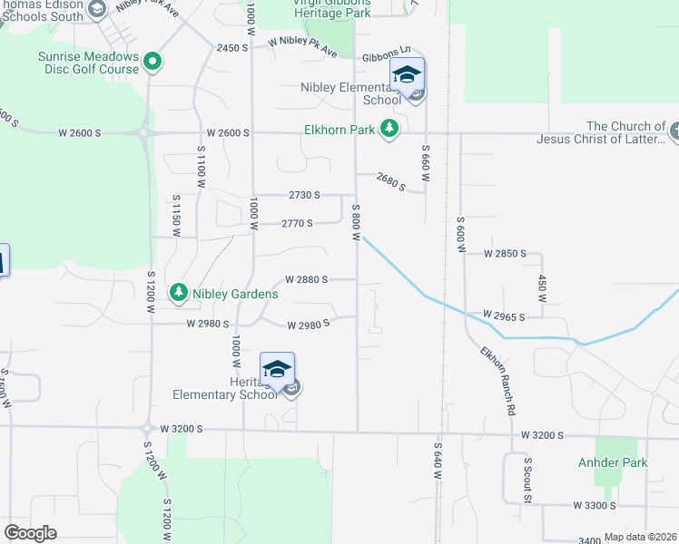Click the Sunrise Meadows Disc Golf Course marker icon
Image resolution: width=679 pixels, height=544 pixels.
[x=153, y=62]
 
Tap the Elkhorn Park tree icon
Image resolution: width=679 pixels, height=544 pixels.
[x=389, y=130]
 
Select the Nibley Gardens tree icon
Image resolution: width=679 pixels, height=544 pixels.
[x=180, y=292]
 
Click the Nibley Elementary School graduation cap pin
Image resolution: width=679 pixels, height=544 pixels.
[x=407, y=74]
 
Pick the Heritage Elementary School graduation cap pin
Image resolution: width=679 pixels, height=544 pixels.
[x=277, y=368]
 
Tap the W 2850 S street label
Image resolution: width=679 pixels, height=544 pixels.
[x=505, y=254]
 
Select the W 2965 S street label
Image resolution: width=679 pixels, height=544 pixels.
[x=505, y=316]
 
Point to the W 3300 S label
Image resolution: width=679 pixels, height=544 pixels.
[x=594, y=505]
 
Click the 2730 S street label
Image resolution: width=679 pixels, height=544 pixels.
[x=305, y=195]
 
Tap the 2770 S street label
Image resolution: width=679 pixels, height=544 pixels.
[x=297, y=223]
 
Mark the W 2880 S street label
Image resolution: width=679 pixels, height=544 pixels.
[x=306, y=280]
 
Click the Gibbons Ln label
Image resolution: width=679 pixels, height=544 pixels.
[x=386, y=56]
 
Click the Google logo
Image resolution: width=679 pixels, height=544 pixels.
[x=31, y=533]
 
